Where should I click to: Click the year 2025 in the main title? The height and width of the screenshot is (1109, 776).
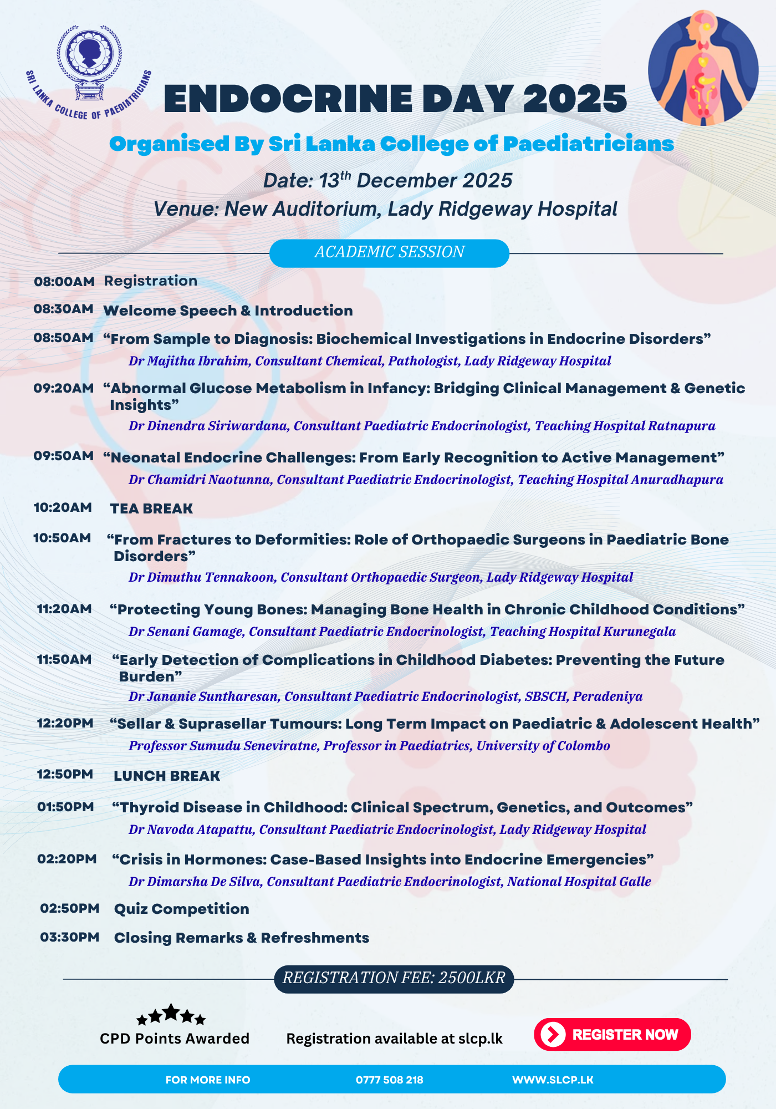pos(575,100)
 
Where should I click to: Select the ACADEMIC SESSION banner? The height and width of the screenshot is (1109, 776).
pos(389,253)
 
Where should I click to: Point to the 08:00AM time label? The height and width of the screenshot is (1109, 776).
pos(64,282)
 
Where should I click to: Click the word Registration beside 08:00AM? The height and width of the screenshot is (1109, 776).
pos(151,281)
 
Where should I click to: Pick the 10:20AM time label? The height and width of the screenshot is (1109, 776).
pos(63,508)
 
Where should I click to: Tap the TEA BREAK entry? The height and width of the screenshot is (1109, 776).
pos(151,508)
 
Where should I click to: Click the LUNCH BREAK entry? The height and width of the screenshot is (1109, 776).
pos(167,776)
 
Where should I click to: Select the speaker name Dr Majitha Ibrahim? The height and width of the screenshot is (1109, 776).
pos(189,362)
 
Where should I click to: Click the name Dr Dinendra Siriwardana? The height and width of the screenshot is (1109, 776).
pos(208,426)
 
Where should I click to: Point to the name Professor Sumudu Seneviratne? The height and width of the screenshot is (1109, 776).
pos(224,746)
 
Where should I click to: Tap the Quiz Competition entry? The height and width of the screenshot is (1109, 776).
pos(181,909)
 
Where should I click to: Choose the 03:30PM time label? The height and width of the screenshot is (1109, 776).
pos(70,938)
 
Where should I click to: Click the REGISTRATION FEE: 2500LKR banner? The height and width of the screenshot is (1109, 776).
pos(394,978)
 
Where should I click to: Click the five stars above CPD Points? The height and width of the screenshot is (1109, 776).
pos(171,1015)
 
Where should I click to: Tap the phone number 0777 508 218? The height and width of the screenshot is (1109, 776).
pos(389,1080)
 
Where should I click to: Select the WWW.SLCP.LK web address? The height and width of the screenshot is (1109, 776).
pos(553,1080)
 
